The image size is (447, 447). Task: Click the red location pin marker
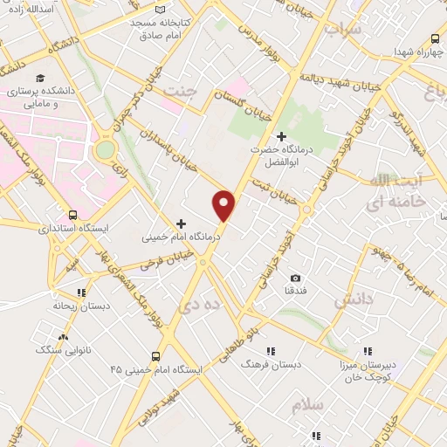(x=224, y=204)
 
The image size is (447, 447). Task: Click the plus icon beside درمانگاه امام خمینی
(x=182, y=223)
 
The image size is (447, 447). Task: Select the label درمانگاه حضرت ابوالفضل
(x=280, y=155)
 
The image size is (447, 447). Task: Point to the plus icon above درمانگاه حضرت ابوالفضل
(x=280, y=136)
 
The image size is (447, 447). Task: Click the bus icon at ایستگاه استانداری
(x=72, y=215)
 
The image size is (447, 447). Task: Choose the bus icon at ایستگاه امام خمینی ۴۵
(x=155, y=355)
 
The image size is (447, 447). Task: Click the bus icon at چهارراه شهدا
(x=435, y=38)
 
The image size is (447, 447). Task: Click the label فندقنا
(x=295, y=290)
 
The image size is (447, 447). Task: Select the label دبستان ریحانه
(x=80, y=306)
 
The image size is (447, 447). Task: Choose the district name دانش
(x=354, y=300)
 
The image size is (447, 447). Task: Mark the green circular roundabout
(x=105, y=149)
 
